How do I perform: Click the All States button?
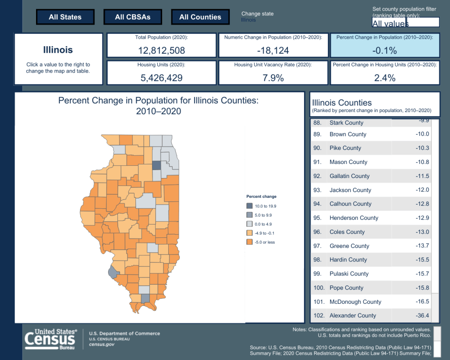coord(65,17)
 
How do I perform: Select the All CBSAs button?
coord(133,17)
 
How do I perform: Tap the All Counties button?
coord(200,17)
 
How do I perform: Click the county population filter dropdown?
coord(406,22)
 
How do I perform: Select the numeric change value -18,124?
coord(273,51)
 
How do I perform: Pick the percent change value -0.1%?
coord(385,51)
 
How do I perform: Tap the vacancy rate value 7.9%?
coord(273,78)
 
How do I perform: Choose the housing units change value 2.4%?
coord(385,78)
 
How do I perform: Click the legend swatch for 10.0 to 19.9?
coord(249,206)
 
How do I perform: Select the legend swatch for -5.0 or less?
coord(249,242)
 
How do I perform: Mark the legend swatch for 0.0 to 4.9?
coord(249,224)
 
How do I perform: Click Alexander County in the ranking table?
coord(352,316)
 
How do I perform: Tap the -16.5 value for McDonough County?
coord(422,302)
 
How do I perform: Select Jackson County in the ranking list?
coord(350,190)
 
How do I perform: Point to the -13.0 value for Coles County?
coord(422,232)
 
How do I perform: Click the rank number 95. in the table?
coord(318,218)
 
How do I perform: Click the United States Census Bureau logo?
coord(51,339)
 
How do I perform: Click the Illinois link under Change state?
coord(249,20)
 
